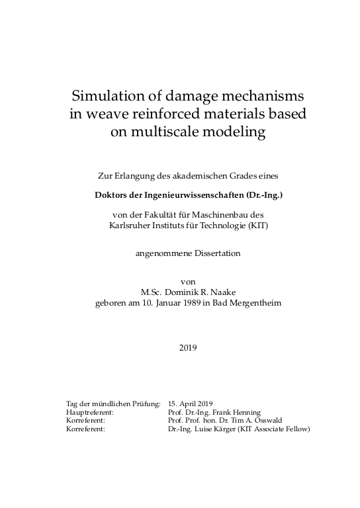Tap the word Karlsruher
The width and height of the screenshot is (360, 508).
tap(130, 224)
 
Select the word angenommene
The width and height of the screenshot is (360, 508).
tap(159, 253)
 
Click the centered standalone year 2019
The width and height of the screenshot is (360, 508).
tap(188, 347)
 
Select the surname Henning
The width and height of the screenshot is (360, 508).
tap(246, 411)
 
